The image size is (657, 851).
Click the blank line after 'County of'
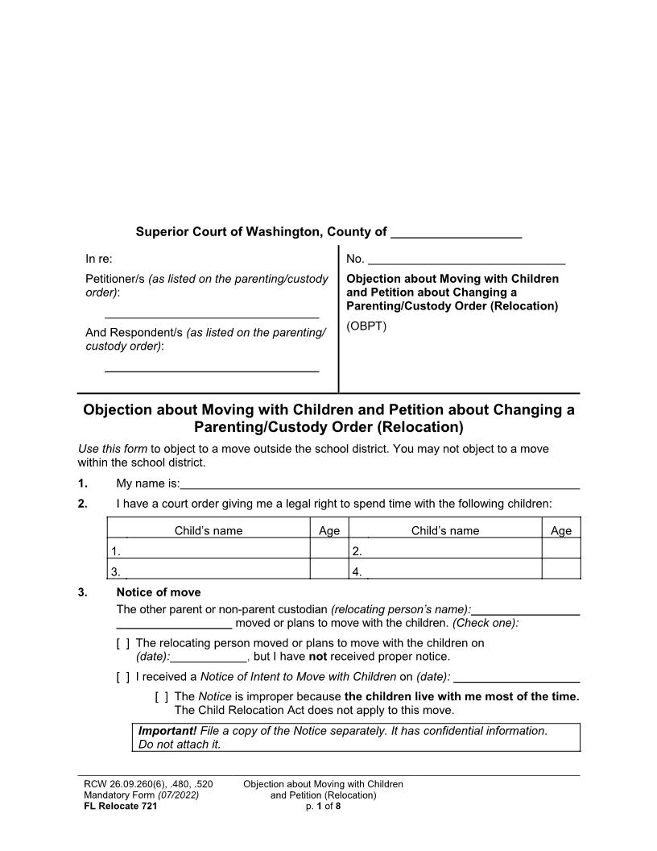click(455, 233)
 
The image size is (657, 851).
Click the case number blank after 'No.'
click(466, 259)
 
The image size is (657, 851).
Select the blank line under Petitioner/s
click(212, 312)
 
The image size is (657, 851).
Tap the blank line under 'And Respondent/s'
click(212, 366)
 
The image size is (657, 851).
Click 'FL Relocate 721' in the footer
click(121, 806)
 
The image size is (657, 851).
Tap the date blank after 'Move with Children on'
click(517, 677)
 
